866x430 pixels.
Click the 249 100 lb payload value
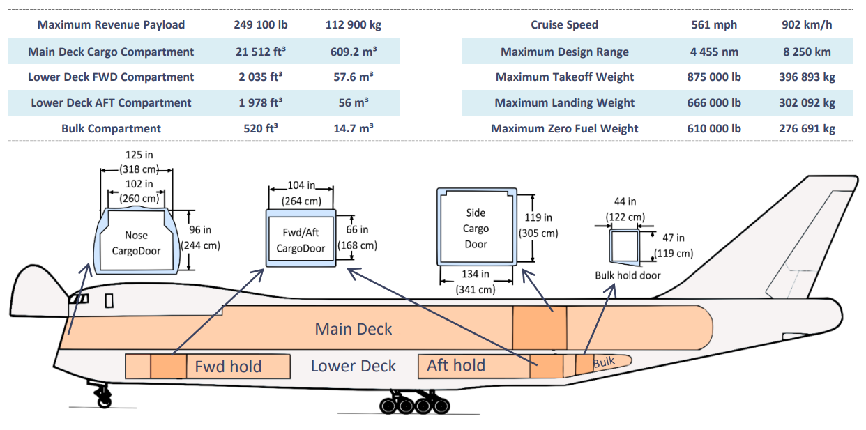[260, 25]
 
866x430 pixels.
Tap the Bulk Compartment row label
[111, 128]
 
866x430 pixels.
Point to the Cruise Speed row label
[564, 25]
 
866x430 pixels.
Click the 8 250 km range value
[807, 52]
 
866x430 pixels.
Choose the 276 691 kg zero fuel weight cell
[807, 128]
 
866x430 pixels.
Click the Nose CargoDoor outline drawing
[136, 239]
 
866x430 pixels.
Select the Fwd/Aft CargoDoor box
[301, 238]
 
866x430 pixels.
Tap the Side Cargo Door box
[476, 227]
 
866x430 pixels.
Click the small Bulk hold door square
[624, 245]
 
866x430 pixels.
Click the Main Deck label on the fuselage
[354, 329]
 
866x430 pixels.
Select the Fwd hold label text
[228, 367]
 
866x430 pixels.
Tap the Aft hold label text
[456, 365]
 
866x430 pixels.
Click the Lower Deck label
[353, 367]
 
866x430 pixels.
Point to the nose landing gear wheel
[104, 400]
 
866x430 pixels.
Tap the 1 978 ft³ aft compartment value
[260, 102]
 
